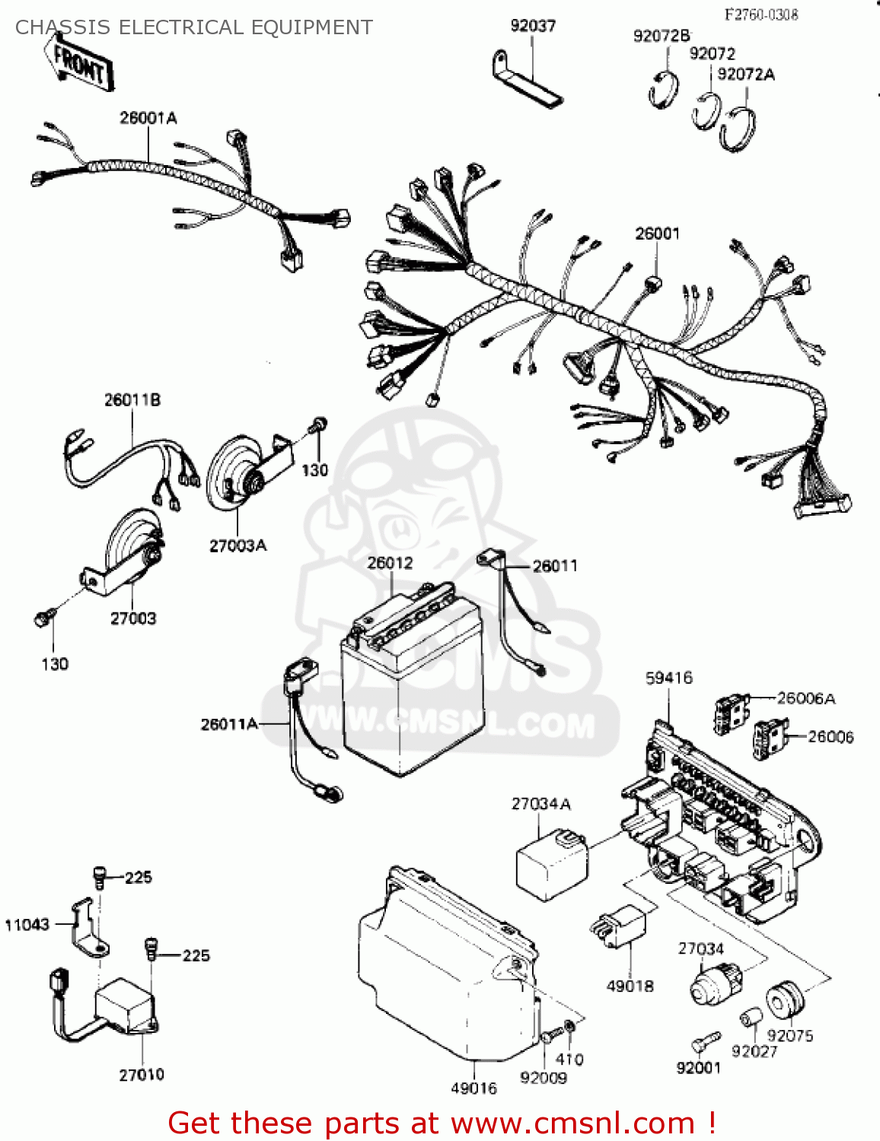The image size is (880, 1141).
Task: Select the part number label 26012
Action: pos(390,563)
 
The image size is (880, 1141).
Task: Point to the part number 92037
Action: pos(533,26)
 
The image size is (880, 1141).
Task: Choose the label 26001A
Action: pos(148,118)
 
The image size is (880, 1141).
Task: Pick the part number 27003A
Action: pos(238,545)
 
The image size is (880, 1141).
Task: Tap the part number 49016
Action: pos(473,1089)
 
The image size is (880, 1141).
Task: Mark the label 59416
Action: pos(669,678)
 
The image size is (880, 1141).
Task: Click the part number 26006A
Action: pos(806,698)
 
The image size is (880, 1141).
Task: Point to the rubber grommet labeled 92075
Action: pos(785,1001)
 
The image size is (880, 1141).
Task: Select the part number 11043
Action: pos(27,925)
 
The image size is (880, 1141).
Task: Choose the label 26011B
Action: pos(132,400)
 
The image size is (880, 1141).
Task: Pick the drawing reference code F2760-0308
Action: pos(760,14)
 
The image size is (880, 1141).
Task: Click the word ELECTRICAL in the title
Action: pos(181,27)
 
